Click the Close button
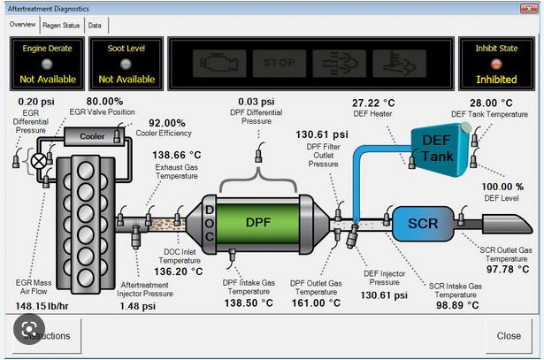click(x=508, y=336)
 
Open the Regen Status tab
click(x=62, y=26)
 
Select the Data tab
click(x=94, y=26)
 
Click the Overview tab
click(x=22, y=26)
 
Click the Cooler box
click(x=92, y=137)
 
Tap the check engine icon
click(x=212, y=64)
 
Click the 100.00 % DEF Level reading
click(x=502, y=188)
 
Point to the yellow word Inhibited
click(x=495, y=80)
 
